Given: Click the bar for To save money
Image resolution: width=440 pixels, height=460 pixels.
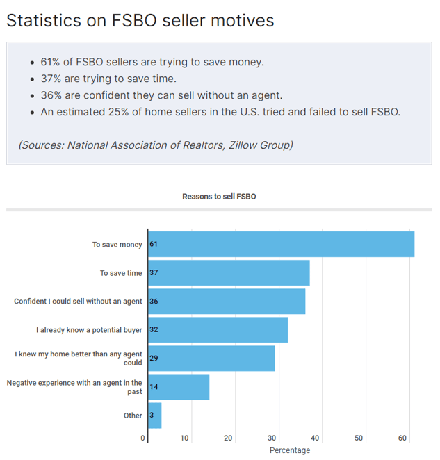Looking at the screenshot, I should pos(281,245).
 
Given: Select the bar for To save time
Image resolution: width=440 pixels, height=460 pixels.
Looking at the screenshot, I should pos(229,273).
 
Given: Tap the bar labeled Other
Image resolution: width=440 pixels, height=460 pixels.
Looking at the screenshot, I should pos(155,416).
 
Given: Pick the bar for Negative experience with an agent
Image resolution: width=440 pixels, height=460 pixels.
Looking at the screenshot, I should pos(179,387).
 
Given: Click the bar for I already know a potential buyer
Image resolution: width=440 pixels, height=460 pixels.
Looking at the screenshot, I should pos(218,330).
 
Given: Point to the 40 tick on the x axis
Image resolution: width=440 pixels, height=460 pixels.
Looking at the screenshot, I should pos(315,438).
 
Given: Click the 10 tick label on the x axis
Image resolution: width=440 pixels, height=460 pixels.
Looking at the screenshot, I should pos(184,438).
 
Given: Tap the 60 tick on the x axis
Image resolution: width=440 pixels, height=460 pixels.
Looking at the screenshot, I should pos(402,438).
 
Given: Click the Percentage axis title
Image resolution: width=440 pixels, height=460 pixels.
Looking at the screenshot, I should pos(290,450).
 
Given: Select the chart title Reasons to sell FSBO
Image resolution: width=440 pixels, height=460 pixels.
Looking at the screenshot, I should pos(219,197).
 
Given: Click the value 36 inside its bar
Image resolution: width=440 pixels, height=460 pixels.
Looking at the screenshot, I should pos(154,302).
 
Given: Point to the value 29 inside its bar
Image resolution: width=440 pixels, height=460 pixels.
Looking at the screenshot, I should pos(154,359).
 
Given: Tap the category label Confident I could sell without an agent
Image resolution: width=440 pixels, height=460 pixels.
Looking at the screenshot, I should pos(78,302).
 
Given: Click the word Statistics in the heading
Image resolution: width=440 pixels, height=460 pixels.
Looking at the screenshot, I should pos(43,21).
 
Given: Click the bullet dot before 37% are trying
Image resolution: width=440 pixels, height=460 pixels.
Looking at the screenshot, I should pos(33,79).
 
